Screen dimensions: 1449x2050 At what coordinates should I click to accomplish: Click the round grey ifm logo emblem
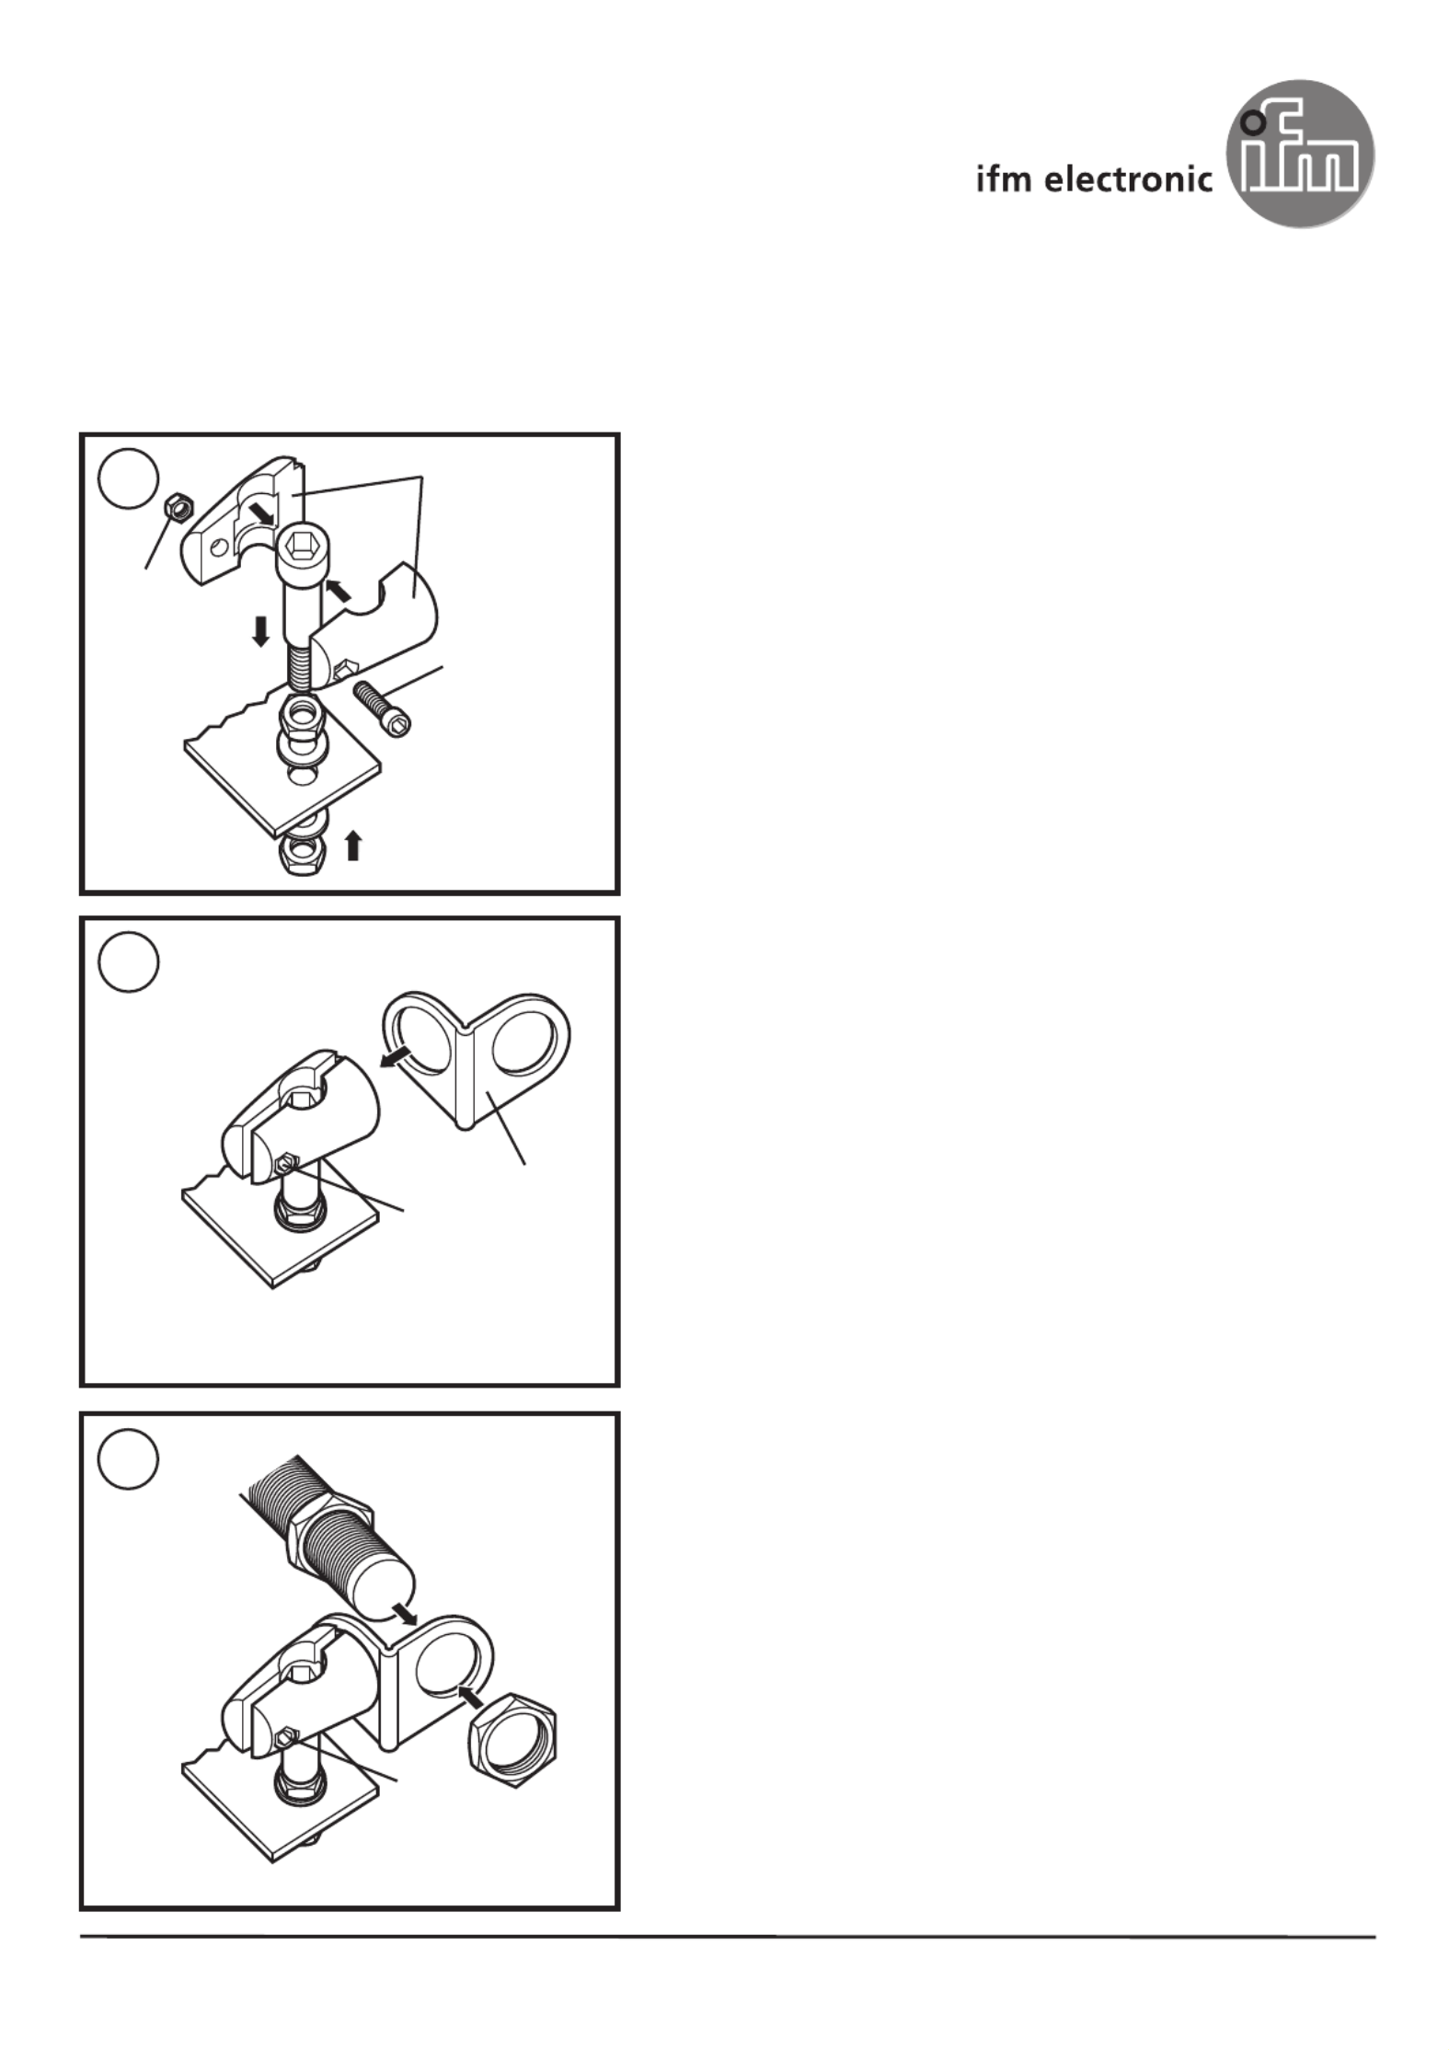point(1299,153)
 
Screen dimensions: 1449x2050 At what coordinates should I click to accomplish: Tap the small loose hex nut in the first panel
point(176,507)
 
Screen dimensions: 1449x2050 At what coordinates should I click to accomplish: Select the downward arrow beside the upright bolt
point(261,631)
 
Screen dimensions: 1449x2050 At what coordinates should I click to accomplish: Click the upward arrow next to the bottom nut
point(352,845)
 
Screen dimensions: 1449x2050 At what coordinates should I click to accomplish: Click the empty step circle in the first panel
point(129,478)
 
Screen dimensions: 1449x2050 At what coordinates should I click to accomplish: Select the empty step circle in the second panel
point(129,962)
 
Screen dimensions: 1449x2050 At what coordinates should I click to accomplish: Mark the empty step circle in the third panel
point(129,1458)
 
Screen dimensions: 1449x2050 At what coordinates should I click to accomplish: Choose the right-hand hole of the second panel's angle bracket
point(525,1041)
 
